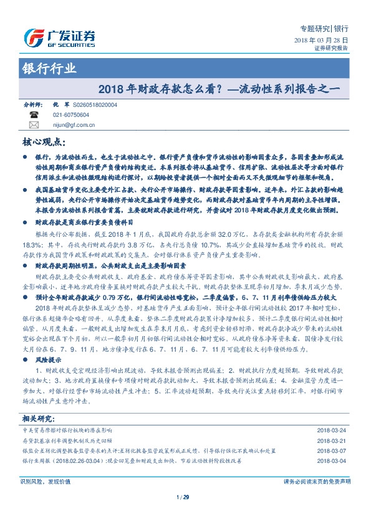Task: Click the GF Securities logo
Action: point(59,37)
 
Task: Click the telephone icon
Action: point(34,116)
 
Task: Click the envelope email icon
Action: point(34,125)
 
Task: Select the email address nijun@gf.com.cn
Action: point(74,125)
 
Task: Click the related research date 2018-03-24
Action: point(333,430)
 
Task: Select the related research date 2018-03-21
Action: point(333,440)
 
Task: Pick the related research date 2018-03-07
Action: point(333,450)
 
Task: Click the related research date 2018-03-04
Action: point(333,460)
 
